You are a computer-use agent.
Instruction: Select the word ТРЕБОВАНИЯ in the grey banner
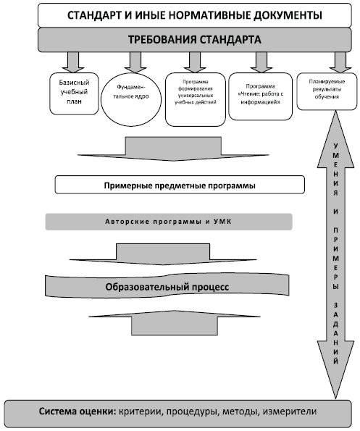162,40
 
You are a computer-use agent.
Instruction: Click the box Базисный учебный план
74,93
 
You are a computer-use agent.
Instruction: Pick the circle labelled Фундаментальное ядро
131,99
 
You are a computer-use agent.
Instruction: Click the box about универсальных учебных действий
195,99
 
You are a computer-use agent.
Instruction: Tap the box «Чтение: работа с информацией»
260,96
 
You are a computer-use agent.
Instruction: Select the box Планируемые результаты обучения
327,91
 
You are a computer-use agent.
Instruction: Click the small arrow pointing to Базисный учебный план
73,62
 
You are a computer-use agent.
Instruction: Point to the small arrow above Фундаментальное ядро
135,62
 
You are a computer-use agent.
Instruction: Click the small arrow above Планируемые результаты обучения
340,62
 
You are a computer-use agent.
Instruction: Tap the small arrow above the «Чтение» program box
261,62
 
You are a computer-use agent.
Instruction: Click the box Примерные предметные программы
180,185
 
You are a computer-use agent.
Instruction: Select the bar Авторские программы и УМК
169,222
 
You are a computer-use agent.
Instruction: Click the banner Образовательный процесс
167,286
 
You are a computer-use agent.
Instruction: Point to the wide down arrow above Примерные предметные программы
173,148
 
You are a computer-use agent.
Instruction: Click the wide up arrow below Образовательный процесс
175,322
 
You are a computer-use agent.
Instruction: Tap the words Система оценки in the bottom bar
76,411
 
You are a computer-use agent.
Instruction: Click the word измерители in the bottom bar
289,411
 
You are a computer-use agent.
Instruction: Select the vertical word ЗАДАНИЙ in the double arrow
335,333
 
